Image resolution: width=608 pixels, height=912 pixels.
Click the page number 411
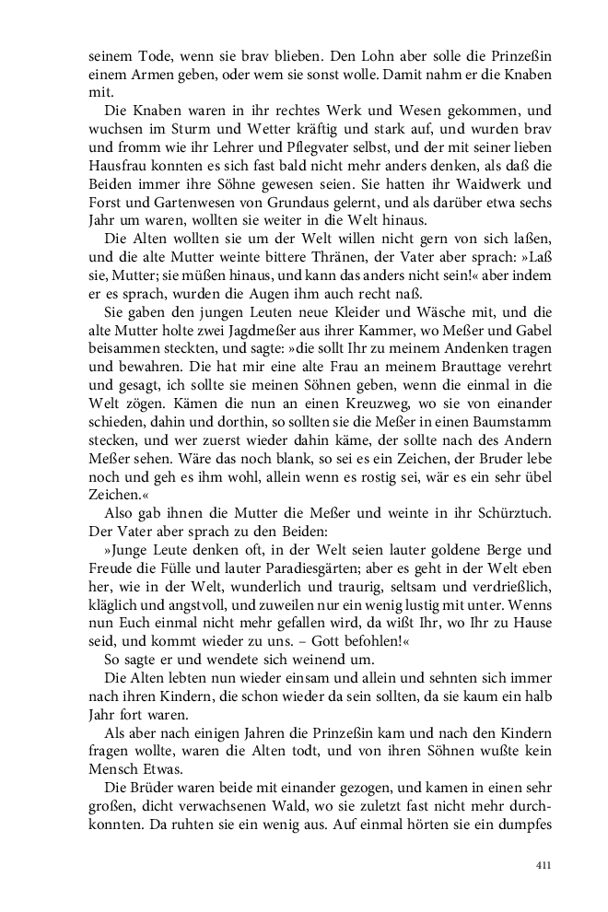pyautogui.click(x=543, y=865)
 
